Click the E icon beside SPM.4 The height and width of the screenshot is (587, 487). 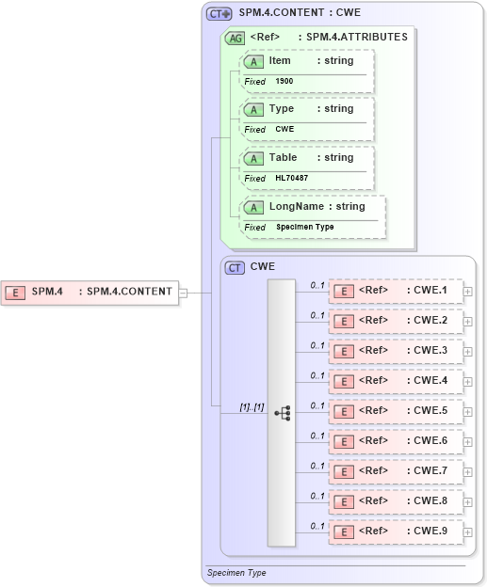[x=15, y=293]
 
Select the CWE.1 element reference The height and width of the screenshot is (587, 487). [x=396, y=291]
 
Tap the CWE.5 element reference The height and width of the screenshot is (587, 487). [x=396, y=411]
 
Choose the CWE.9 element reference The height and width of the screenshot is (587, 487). [x=396, y=531]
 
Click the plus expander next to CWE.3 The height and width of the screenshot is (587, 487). [x=467, y=352]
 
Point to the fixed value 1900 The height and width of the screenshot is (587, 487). [x=284, y=82]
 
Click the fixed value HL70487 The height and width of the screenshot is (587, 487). [x=291, y=178]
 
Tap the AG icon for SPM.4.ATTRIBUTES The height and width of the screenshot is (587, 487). [x=233, y=38]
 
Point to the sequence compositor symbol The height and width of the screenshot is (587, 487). [x=282, y=412]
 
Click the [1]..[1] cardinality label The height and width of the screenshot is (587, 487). [x=252, y=406]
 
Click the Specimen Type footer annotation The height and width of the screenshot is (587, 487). [x=237, y=572]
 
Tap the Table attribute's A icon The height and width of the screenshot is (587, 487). [x=252, y=158]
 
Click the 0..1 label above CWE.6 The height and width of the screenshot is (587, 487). [x=317, y=435]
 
